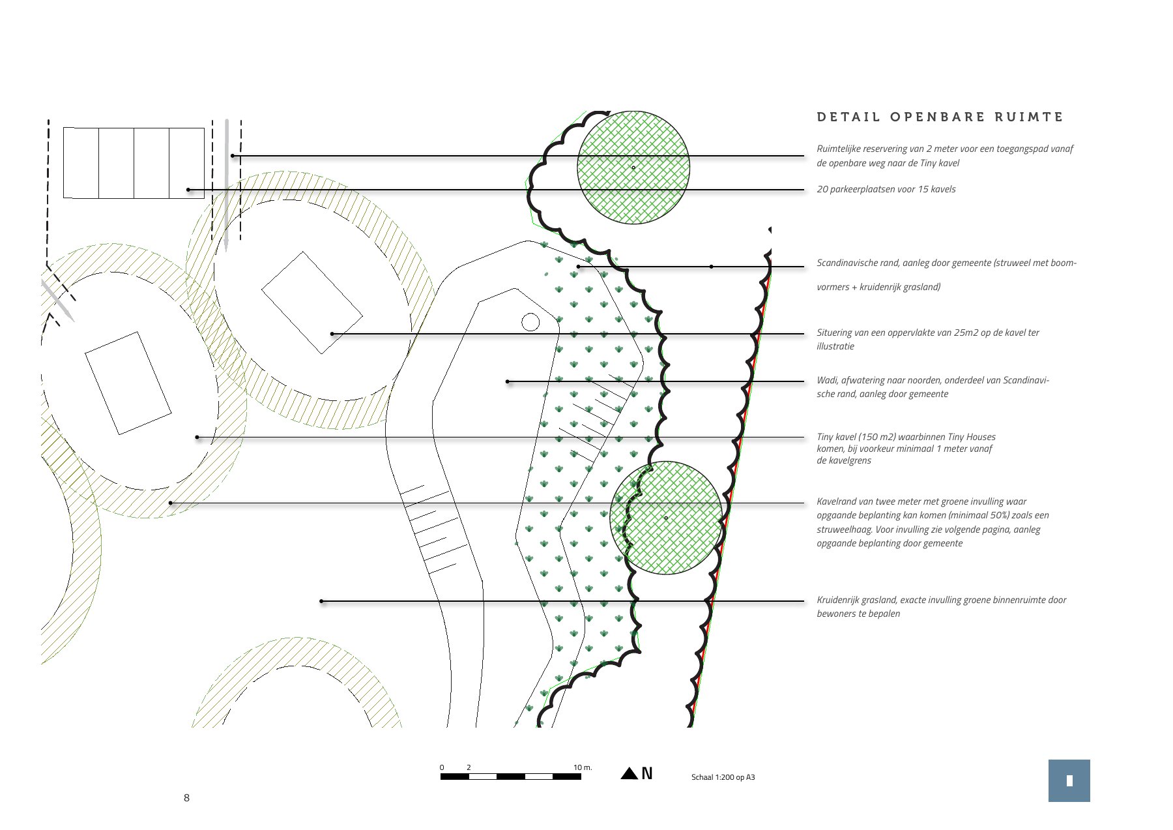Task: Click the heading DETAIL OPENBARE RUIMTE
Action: tap(940, 117)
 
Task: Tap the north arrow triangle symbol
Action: tap(629, 773)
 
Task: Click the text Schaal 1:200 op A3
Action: tap(723, 777)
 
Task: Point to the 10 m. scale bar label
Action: tap(583, 767)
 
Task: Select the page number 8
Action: tap(186, 797)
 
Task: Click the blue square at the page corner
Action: tap(1069, 780)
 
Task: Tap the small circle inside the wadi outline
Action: tap(530, 322)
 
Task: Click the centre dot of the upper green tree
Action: tap(633, 168)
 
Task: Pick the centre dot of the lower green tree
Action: tap(665, 518)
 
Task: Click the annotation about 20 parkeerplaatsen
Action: tap(886, 189)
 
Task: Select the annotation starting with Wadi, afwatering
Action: tap(933, 387)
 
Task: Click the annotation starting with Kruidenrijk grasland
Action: tap(941, 606)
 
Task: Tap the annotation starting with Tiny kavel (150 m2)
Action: tap(906, 449)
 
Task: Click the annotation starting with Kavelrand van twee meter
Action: tap(933, 522)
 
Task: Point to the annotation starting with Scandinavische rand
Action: tap(946, 274)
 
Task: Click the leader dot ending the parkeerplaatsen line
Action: tap(188, 190)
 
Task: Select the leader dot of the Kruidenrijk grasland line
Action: tap(321, 601)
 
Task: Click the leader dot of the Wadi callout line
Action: tap(508, 381)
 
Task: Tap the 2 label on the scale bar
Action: tap(469, 767)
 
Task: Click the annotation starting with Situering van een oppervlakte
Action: tap(927, 339)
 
